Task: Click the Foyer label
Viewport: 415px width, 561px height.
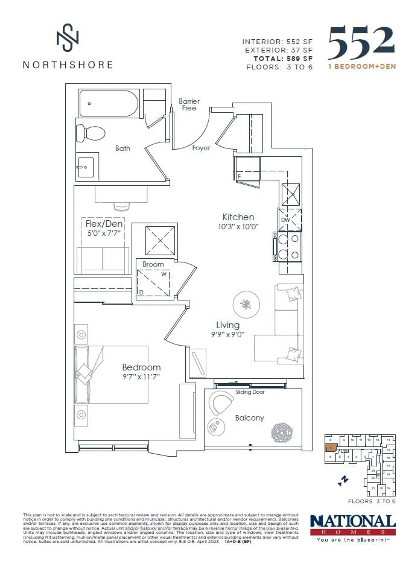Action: (201, 148)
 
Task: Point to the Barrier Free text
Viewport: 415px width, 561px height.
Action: (189, 105)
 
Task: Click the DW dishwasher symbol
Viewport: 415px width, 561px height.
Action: (290, 220)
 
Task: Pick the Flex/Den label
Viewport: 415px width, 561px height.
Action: (104, 224)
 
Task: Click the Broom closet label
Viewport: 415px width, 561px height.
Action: (153, 264)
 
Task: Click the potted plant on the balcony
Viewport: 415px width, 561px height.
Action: (282, 433)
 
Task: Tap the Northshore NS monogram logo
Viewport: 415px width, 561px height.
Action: (67, 38)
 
